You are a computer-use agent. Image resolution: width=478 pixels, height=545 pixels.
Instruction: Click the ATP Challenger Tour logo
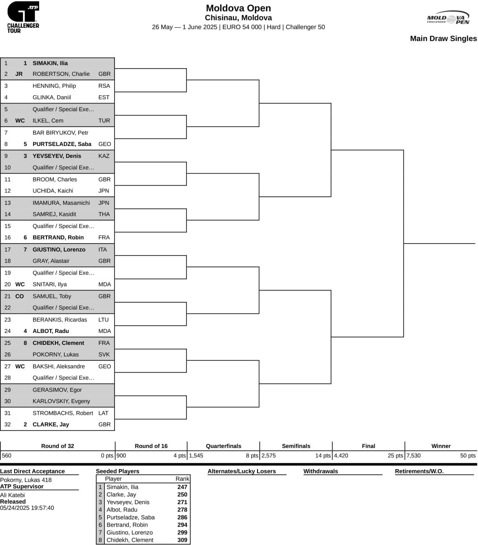(x=23, y=17)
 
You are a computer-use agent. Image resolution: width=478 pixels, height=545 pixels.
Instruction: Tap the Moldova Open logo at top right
(x=448, y=18)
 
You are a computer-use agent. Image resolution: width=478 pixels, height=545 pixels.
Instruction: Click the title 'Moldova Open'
(x=238, y=8)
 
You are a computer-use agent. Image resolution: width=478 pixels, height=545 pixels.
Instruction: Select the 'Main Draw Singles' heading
(x=443, y=38)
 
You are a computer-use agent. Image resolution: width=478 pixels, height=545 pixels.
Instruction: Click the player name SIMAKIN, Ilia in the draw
(x=50, y=63)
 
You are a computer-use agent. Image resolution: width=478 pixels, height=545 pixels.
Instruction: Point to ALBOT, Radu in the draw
(x=51, y=331)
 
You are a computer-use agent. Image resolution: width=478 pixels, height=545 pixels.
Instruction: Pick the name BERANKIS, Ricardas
(x=60, y=320)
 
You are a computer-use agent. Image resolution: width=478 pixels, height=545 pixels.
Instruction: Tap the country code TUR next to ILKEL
(x=104, y=120)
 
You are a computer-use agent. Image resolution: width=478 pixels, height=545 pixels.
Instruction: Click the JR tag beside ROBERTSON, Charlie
(x=19, y=74)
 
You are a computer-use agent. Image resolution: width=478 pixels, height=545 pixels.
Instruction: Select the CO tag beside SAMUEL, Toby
(x=20, y=296)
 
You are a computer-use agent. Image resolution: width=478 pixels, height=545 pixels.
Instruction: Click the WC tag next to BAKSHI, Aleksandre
(x=20, y=366)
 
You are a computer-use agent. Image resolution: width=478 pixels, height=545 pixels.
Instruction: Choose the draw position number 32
(x=8, y=424)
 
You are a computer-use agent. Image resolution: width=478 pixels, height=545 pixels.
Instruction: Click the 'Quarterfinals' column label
(x=223, y=446)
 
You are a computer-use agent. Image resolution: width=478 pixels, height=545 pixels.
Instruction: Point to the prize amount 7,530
(x=413, y=456)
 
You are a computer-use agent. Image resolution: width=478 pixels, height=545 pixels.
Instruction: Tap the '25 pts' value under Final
(x=395, y=456)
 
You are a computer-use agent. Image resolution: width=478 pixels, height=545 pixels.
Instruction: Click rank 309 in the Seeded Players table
(x=182, y=539)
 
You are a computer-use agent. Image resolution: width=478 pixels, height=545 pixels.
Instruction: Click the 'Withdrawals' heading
(x=321, y=471)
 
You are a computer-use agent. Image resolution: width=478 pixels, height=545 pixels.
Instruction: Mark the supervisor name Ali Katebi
(x=12, y=495)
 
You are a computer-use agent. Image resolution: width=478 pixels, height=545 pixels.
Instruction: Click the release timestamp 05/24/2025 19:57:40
(x=27, y=508)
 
